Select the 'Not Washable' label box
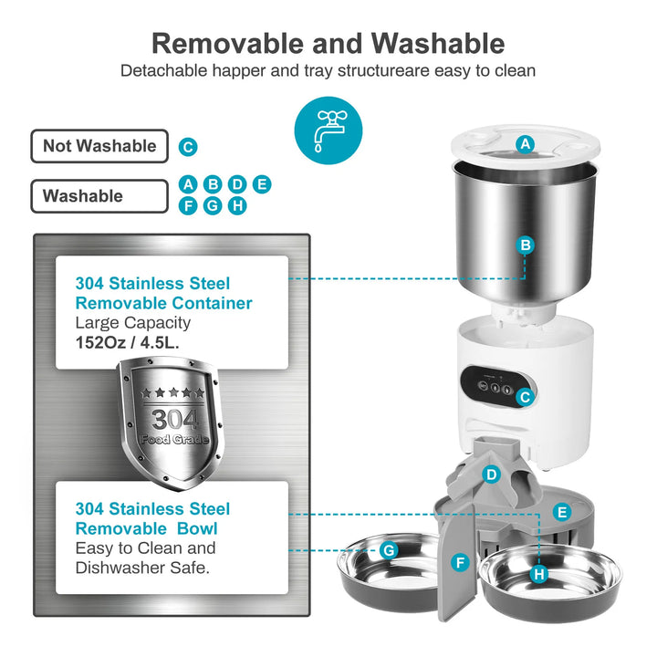[x=99, y=146]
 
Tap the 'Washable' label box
[x=99, y=195]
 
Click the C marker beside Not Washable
[x=188, y=147]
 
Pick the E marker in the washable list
[x=262, y=184]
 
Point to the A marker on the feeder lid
[x=525, y=143]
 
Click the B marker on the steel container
[x=525, y=245]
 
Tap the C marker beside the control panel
[x=525, y=398]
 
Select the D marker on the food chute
[x=491, y=474]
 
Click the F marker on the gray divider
[x=460, y=563]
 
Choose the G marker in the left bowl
[x=389, y=550]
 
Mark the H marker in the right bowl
[x=538, y=574]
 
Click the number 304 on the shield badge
[x=173, y=420]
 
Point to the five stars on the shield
[x=173, y=393]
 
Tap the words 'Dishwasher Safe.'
[x=142, y=568]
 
